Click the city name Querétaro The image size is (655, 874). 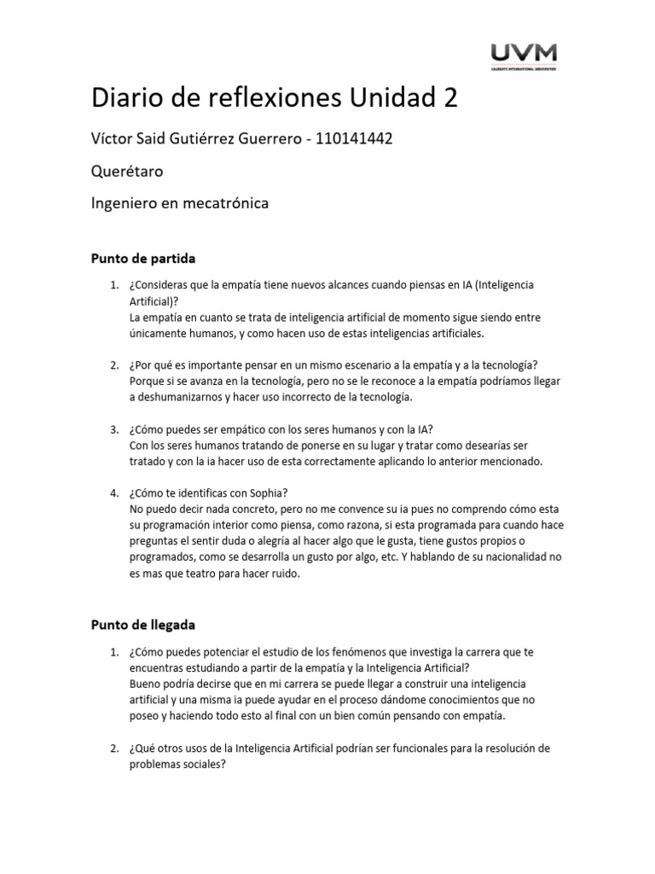(127, 172)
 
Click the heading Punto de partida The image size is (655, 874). (143, 259)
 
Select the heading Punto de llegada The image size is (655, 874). (144, 625)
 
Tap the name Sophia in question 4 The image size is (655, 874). (268, 492)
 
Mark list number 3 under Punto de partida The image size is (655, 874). (114, 428)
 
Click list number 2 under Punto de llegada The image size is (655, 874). (114, 749)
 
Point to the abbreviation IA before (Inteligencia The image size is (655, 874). (460, 284)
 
